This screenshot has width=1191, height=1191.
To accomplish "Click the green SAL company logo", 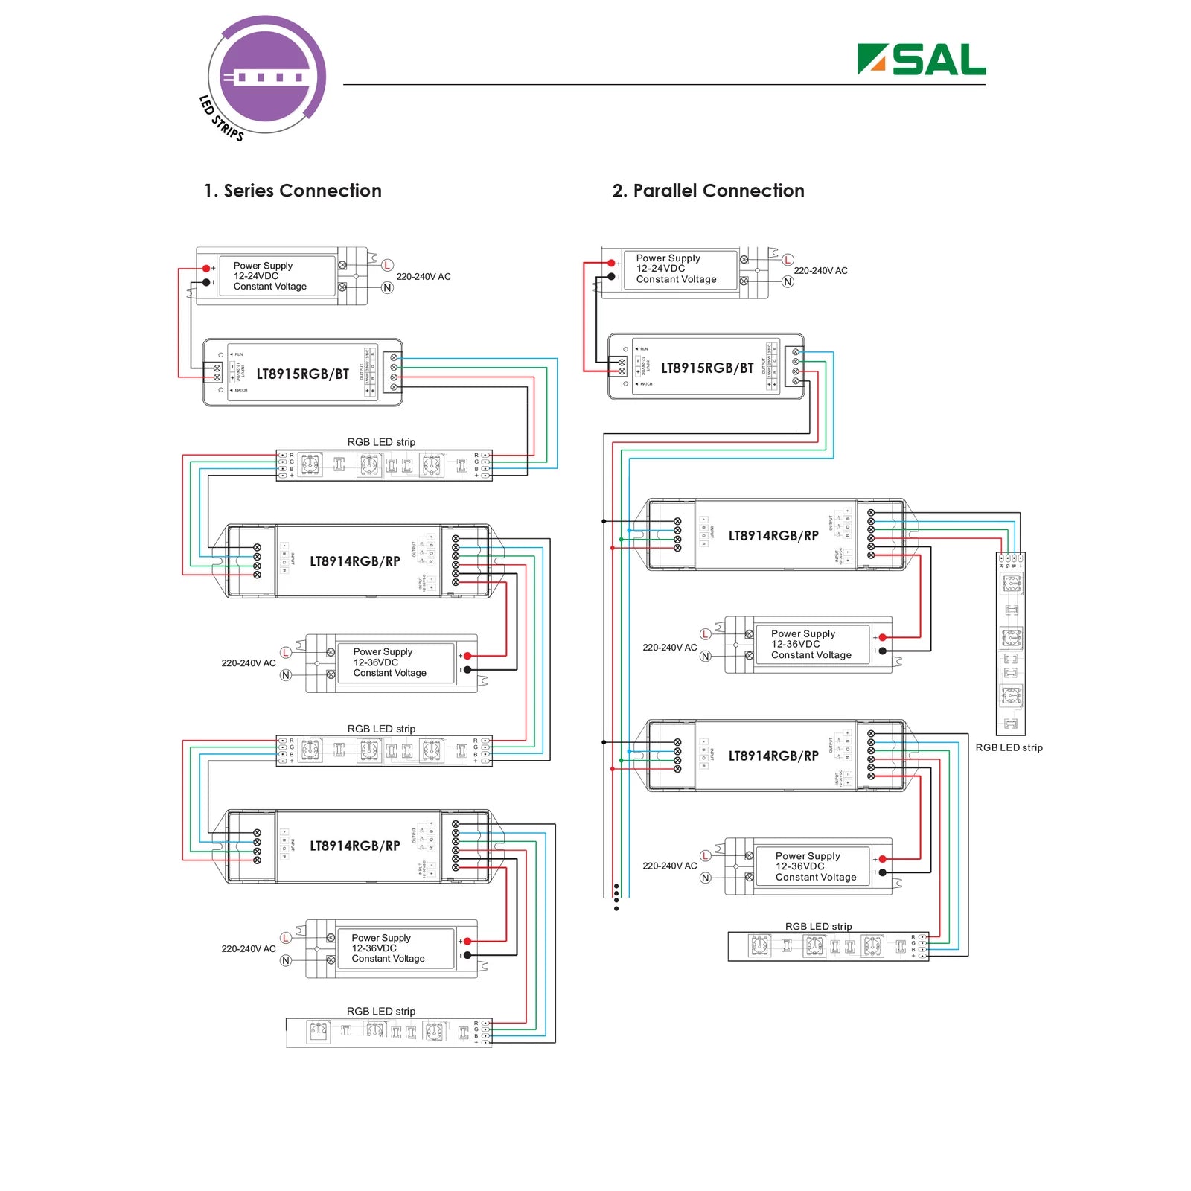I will (x=922, y=60).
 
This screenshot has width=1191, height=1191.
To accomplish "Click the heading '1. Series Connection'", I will (x=293, y=191).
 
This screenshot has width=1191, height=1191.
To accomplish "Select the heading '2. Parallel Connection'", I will (x=708, y=191).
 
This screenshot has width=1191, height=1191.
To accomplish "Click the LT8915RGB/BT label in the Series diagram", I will (x=302, y=374).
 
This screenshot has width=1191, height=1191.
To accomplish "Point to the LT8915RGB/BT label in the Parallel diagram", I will (x=707, y=368).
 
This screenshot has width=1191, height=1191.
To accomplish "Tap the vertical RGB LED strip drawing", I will (x=1011, y=644).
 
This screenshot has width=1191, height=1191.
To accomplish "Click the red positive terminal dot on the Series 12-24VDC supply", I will (x=206, y=269).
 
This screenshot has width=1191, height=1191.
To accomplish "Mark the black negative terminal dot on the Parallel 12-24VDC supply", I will (x=612, y=277).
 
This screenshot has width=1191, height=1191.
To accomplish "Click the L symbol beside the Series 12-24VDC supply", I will (x=387, y=265).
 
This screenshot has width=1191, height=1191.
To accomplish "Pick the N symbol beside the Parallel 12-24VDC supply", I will (x=788, y=281).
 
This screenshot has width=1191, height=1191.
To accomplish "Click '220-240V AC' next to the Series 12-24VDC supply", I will (x=424, y=277).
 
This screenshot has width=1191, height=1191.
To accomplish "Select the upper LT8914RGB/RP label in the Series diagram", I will (x=355, y=561).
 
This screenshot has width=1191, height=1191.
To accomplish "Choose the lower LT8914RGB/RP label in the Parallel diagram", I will (x=773, y=756).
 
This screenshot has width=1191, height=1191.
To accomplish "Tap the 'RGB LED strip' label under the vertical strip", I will (x=1009, y=747).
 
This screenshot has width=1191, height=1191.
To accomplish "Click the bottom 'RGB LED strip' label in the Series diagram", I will (x=381, y=1011).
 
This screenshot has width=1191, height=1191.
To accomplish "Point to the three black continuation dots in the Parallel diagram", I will (x=616, y=897).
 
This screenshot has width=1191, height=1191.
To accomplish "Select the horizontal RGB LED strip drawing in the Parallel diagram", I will (x=828, y=946).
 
